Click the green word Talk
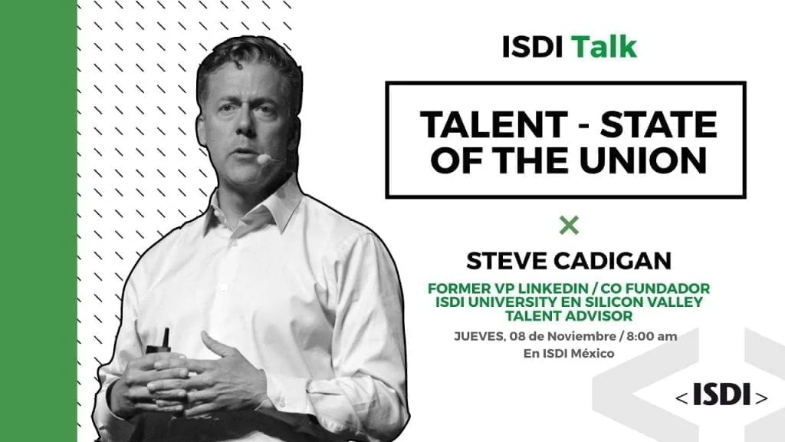[604, 47]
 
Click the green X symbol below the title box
[569, 226]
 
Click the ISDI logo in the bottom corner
[721, 395]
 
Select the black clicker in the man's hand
[161, 346]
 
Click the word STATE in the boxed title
[659, 124]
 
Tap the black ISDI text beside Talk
[532, 47]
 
